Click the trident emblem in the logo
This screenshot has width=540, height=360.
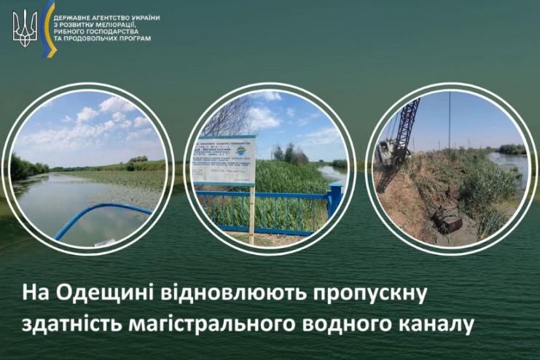click(x=25, y=30)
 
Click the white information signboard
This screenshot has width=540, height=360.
click(x=223, y=160)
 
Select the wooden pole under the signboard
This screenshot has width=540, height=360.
click(x=251, y=214)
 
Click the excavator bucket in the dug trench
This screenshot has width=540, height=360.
click(x=447, y=223)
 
